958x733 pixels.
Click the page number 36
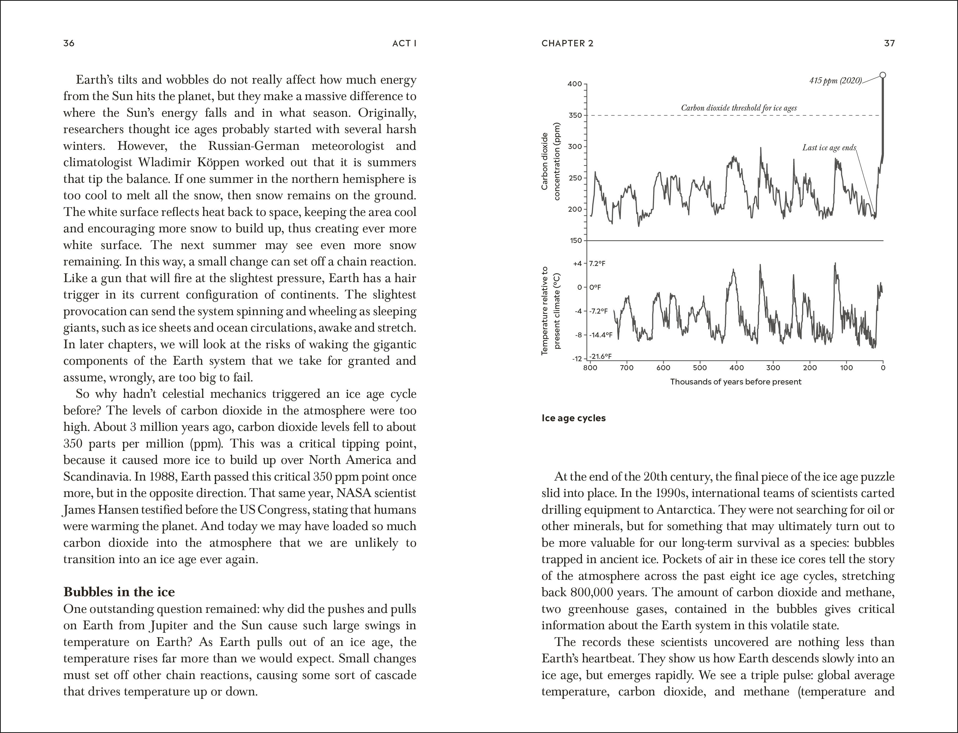point(69,43)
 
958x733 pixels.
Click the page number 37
point(889,43)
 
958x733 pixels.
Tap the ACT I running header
point(404,43)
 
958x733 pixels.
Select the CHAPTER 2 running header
point(567,43)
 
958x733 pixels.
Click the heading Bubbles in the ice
point(119,592)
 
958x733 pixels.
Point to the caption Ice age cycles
point(573,418)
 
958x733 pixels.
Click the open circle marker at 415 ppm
point(883,75)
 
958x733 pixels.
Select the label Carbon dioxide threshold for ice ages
point(739,108)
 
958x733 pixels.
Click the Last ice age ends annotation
point(829,147)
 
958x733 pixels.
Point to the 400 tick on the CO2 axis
point(575,84)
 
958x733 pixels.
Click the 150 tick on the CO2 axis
point(576,240)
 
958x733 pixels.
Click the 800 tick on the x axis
point(590,368)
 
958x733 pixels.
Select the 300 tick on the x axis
point(773,368)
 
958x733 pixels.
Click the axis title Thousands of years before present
point(735,382)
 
